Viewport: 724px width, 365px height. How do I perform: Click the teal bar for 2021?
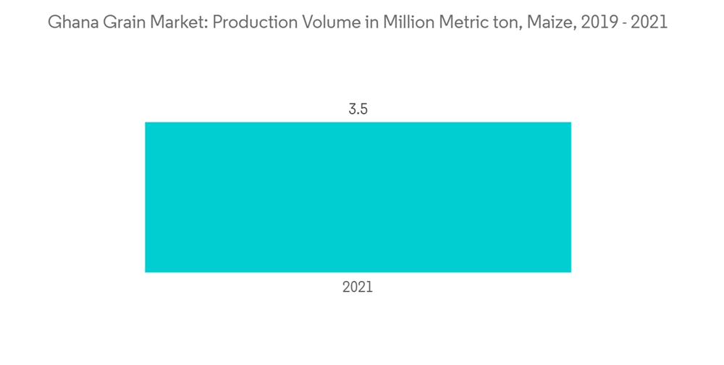(x=358, y=197)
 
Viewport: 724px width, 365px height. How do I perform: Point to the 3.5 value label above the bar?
(x=358, y=110)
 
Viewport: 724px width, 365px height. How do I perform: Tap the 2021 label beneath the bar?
(x=358, y=287)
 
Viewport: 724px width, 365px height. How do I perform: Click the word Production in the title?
(x=245, y=22)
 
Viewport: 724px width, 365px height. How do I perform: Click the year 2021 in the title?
(x=648, y=22)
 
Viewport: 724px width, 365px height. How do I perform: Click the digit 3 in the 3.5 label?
(x=351, y=110)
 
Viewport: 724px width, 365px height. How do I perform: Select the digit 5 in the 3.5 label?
(x=364, y=110)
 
